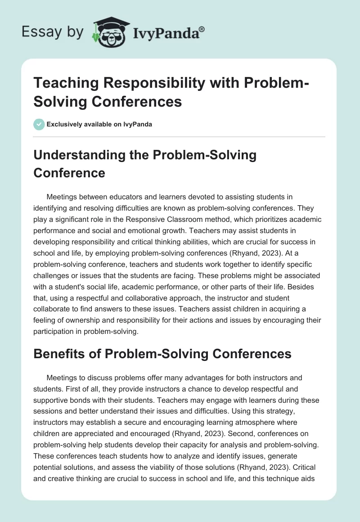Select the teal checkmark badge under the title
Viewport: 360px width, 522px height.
[x=39, y=124]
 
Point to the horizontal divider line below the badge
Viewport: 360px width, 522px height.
[x=180, y=136]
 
